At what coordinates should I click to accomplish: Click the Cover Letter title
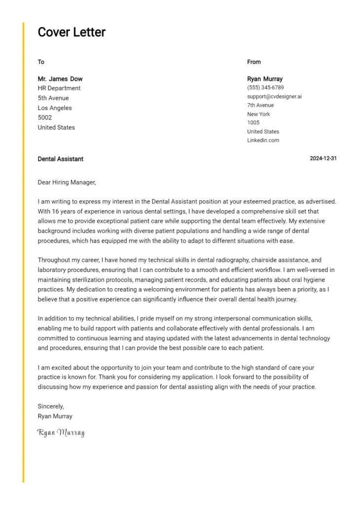(x=72, y=33)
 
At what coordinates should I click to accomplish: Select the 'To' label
(x=41, y=62)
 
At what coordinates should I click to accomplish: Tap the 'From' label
(x=254, y=62)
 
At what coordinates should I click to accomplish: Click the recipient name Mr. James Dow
(x=60, y=79)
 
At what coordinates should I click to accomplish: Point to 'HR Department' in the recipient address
(x=59, y=88)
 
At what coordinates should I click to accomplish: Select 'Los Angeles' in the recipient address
(x=55, y=108)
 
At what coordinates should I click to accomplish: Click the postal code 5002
(x=45, y=118)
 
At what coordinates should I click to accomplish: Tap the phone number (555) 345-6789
(x=265, y=88)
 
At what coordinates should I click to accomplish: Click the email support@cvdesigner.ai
(x=274, y=97)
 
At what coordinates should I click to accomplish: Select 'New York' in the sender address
(x=258, y=114)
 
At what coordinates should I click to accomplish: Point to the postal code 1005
(x=253, y=123)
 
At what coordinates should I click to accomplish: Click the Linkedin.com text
(x=263, y=141)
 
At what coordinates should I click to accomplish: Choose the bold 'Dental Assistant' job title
(x=61, y=159)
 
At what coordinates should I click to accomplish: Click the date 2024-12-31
(x=323, y=159)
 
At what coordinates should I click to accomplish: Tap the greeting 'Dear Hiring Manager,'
(x=67, y=182)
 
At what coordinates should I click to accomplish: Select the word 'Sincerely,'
(x=51, y=406)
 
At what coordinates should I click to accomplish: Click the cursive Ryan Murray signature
(x=61, y=433)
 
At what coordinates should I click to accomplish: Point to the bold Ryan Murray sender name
(x=265, y=79)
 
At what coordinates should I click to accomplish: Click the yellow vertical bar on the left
(x=23, y=252)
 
